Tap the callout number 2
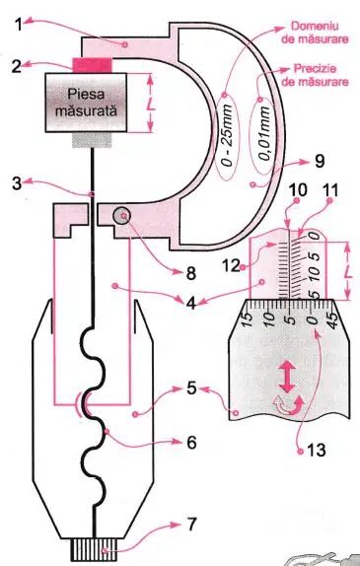[16, 67]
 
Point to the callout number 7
[191, 525]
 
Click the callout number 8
[190, 273]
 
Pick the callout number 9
[320, 161]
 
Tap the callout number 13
[317, 450]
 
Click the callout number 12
[232, 266]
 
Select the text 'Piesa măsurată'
[86, 103]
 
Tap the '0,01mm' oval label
[263, 136]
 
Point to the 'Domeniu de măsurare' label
[315, 33]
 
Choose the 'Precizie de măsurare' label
[315, 75]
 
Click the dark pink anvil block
[93, 65]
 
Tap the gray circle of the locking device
[121, 216]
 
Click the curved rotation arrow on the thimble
[289, 405]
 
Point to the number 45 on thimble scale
[333, 319]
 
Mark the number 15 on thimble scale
[247, 319]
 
